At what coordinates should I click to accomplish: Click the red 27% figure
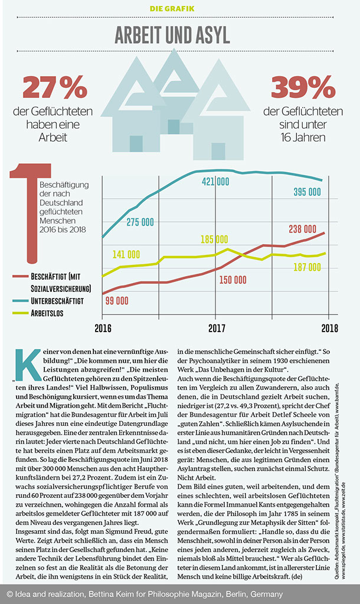pyautogui.click(x=55, y=87)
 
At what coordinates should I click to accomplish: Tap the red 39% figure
pyautogui.click(x=303, y=87)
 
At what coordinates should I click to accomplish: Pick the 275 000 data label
pyautogui.click(x=140, y=222)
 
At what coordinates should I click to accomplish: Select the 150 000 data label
pyautogui.click(x=233, y=280)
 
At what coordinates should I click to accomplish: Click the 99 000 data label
pyautogui.click(x=117, y=300)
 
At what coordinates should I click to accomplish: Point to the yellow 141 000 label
pyautogui.click(x=126, y=254)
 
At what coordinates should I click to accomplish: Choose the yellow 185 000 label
pyautogui.click(x=214, y=239)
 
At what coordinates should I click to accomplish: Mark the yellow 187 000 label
pyautogui.click(x=307, y=267)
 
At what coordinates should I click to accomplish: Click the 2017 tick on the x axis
pyautogui.click(x=216, y=329)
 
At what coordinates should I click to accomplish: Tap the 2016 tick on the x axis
pyautogui.click(x=103, y=329)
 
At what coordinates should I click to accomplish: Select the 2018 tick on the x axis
pyautogui.click(x=329, y=329)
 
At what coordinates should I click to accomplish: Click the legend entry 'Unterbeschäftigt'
pyautogui.click(x=57, y=301)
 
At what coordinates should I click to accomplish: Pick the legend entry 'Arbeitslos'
pyautogui.click(x=47, y=313)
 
